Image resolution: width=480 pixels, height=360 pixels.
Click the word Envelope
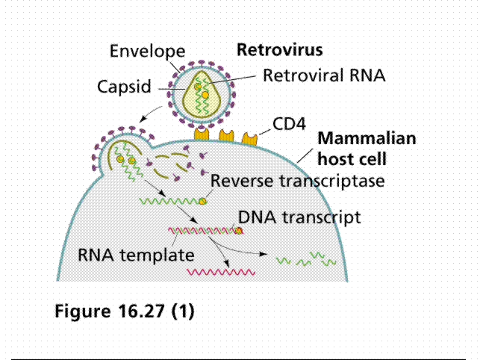pyautogui.click(x=146, y=52)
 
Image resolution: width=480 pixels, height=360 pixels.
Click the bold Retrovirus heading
pyautogui.click(x=279, y=51)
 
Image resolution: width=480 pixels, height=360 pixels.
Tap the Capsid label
pyautogui.click(x=124, y=87)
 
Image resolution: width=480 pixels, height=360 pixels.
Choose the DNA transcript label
pyautogui.click(x=300, y=217)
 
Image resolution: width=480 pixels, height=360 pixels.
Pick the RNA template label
pyautogui.click(x=137, y=254)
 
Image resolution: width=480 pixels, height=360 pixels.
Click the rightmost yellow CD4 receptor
pyautogui.click(x=249, y=137)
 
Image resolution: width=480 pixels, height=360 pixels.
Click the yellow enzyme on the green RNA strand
pyautogui.click(x=202, y=200)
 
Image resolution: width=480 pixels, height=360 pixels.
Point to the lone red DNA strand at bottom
pyautogui.click(x=224, y=273)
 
